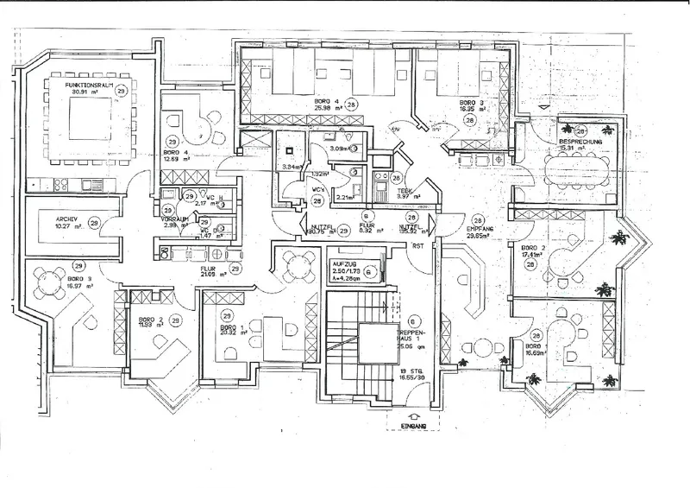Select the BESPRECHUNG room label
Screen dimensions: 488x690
click(579, 140)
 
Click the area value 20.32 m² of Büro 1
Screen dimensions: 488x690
click(229, 334)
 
